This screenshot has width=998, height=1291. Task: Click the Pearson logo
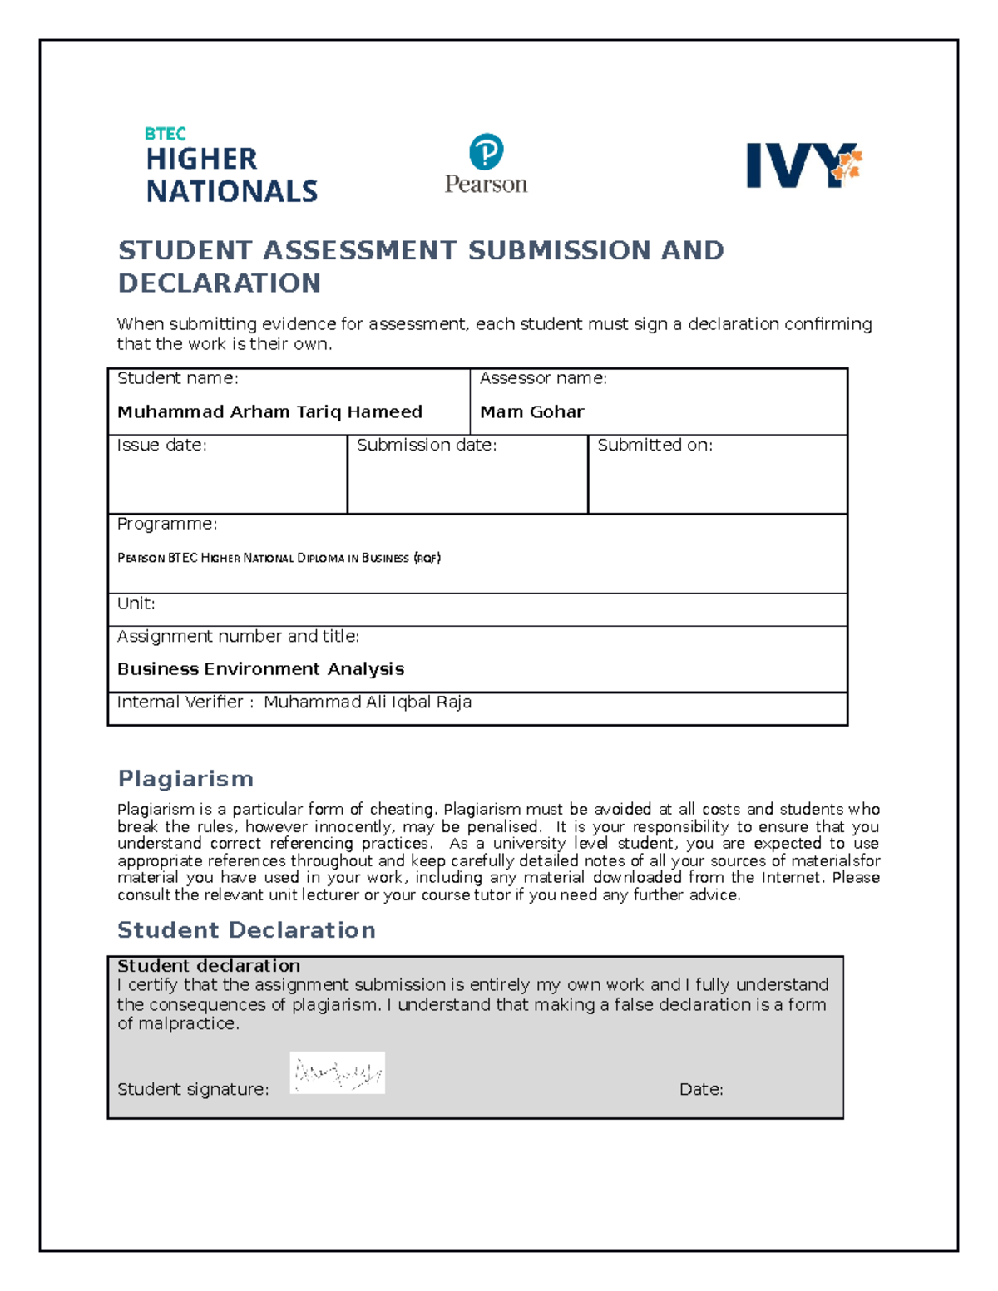tap(486, 164)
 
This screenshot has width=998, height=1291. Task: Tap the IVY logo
tap(803, 165)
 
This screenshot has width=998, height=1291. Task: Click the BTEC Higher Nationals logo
tap(230, 166)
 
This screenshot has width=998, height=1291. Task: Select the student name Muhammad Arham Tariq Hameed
tap(269, 412)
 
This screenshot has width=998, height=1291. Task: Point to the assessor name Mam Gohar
tap(531, 412)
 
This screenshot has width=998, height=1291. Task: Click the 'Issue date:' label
tap(161, 446)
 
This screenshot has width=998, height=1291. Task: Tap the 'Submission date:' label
tap(426, 446)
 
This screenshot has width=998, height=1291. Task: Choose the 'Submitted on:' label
tap(655, 446)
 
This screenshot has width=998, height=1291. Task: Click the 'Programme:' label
tap(166, 525)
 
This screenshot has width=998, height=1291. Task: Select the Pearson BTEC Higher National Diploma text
tap(279, 559)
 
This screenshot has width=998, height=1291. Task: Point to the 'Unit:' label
tap(136, 604)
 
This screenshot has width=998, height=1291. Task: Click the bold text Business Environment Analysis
tap(260, 669)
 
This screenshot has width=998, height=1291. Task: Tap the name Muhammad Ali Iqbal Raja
tap(368, 702)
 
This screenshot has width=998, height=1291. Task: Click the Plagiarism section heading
tap(185, 779)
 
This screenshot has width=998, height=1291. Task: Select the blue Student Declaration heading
tap(246, 930)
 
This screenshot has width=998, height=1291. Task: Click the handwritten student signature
tap(337, 1073)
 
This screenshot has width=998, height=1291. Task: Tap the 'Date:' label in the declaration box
tap(701, 1090)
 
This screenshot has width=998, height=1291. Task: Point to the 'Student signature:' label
tap(193, 1090)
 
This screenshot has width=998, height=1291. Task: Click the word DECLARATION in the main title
tap(220, 283)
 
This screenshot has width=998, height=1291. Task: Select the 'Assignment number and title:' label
tap(238, 637)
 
